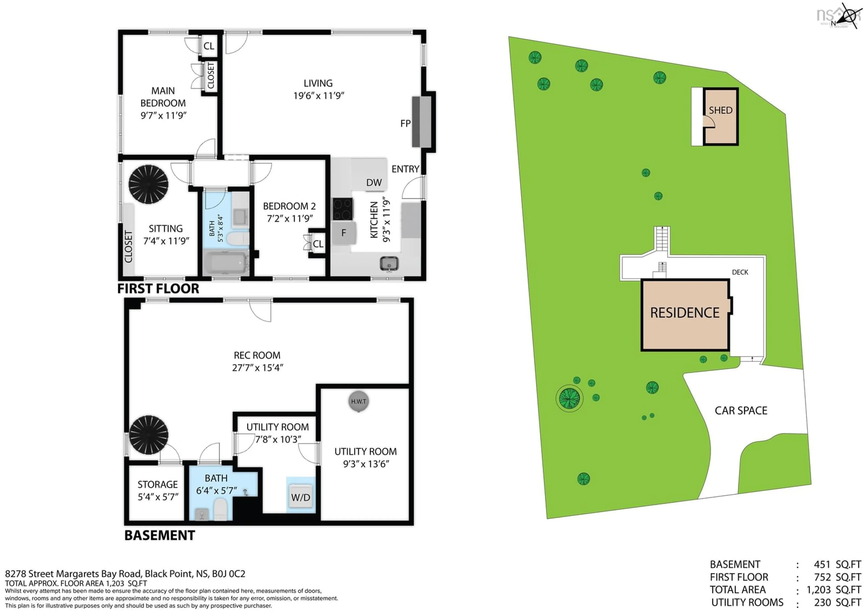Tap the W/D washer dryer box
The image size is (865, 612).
coord(301,497)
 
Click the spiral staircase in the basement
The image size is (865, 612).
coord(148,435)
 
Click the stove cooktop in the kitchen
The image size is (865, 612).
coord(342,209)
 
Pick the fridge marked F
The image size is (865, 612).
coord(344,233)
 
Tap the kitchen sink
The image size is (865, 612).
coord(389,263)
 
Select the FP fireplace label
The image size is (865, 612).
coord(405,123)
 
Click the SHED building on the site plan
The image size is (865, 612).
coord(720,116)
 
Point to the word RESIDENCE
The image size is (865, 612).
coord(685,313)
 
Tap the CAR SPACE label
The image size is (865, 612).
coord(741,410)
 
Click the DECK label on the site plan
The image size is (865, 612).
coord(740,272)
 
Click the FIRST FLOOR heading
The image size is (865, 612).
coord(158,288)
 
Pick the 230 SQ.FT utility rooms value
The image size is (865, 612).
coord(837,602)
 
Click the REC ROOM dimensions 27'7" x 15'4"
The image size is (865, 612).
coord(257,367)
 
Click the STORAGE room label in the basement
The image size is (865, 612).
coord(157,484)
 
